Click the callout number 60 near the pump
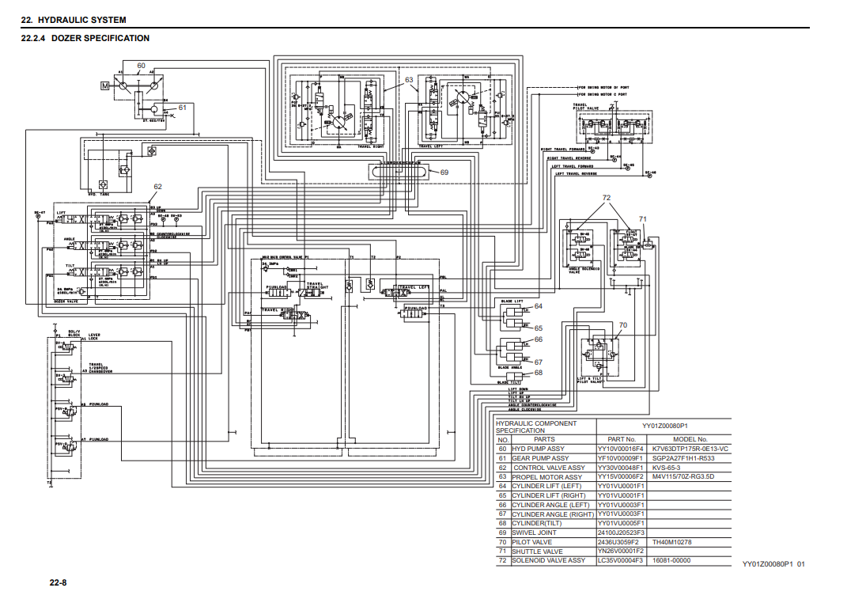tap(141, 66)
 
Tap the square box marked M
tap(104, 85)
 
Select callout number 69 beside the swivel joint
tap(444, 172)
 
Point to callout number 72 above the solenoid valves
tap(607, 197)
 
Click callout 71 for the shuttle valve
tap(642, 218)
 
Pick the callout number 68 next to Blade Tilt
tap(538, 372)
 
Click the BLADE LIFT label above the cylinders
tap(512, 301)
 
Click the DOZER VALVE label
tap(66, 301)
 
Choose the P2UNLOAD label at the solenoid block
tap(99, 404)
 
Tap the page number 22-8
tap(58, 583)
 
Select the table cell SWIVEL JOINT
tap(534, 533)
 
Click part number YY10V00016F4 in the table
tap(621, 449)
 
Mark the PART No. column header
tap(621, 439)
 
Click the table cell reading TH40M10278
tap(671, 542)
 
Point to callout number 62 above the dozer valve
tap(157, 187)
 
